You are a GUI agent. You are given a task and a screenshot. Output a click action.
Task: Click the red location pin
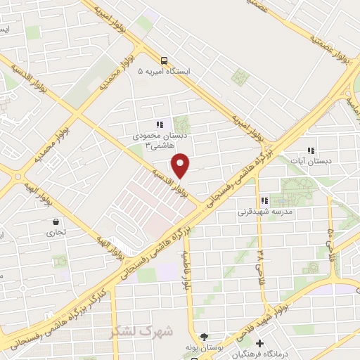pyautogui.click(x=181, y=166)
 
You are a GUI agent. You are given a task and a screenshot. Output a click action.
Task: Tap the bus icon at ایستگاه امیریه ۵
pyautogui.click(x=164, y=60)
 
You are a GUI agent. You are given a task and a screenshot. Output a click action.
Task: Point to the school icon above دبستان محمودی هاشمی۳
pyautogui.click(x=160, y=124)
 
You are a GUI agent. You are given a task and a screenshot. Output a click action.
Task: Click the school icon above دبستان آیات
pyautogui.click(x=311, y=150)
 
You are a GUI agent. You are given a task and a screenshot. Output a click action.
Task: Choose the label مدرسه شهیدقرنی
pyautogui.click(x=264, y=211)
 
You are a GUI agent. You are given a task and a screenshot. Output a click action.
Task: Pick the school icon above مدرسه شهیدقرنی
pyautogui.click(x=264, y=200)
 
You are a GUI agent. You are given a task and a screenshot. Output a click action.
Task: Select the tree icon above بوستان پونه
pyautogui.click(x=203, y=337)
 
